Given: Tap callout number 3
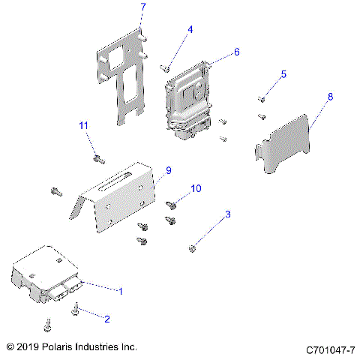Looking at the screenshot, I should (227, 214).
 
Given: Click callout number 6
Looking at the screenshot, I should (236, 52).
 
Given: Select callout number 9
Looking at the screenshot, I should (168, 170).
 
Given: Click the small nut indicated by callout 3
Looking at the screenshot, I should (193, 247).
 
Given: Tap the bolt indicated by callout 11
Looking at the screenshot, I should (97, 158).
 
